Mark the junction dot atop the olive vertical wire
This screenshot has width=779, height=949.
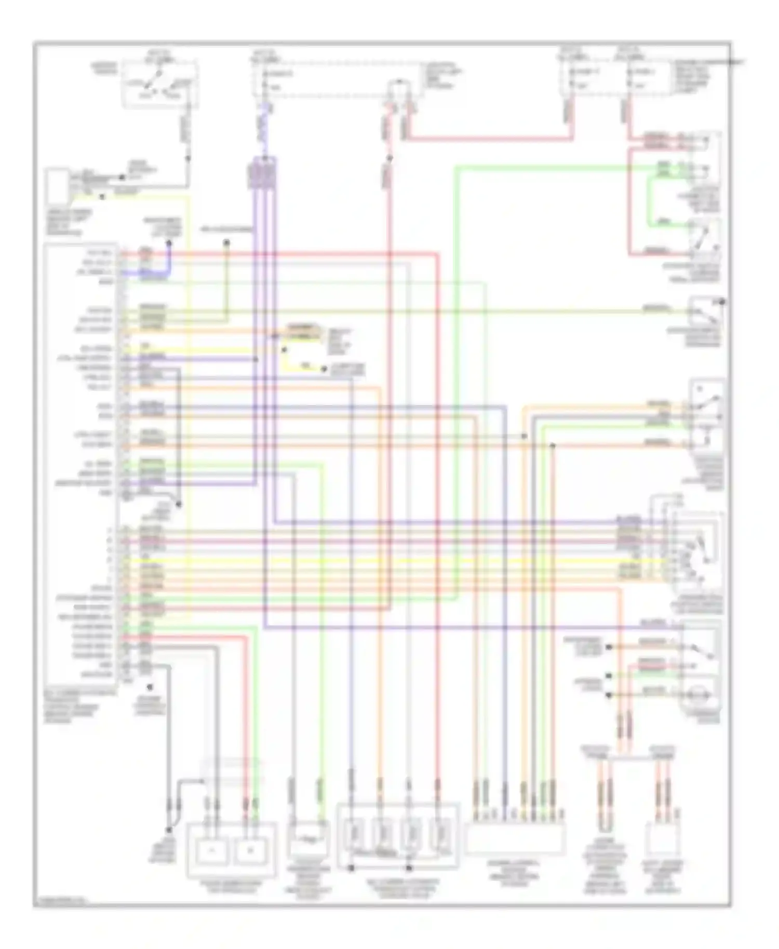(226, 242)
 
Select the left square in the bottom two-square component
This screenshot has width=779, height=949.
(211, 851)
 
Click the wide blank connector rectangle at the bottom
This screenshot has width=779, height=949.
(515, 836)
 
